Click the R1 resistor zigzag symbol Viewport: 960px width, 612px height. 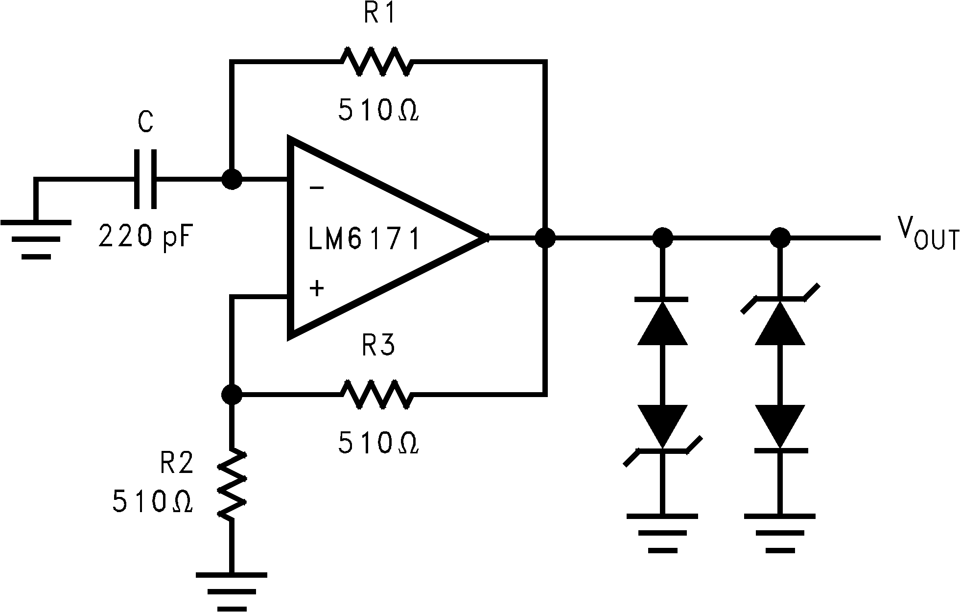(376, 61)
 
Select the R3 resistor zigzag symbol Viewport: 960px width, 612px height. (376, 394)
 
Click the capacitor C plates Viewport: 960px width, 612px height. (145, 180)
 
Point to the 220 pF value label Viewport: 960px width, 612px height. (143, 237)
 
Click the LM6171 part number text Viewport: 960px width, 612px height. (364, 240)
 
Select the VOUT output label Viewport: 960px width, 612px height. (927, 234)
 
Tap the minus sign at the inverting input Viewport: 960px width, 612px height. (317, 188)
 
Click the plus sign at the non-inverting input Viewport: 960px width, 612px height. (317, 288)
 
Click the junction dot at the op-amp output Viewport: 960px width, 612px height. (545, 238)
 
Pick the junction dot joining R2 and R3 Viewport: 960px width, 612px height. (232, 394)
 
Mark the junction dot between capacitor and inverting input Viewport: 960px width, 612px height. (232, 180)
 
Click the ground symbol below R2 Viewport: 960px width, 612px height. (232, 590)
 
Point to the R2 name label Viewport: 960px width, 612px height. (177, 463)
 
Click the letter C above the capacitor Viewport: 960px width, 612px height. (145, 122)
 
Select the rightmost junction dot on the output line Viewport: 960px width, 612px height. (780, 238)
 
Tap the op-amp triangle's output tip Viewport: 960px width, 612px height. (487, 238)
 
